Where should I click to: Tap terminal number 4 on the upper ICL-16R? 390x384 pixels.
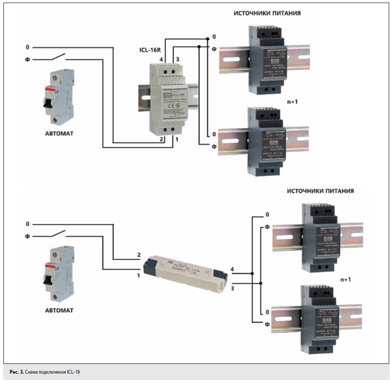coord(161,58)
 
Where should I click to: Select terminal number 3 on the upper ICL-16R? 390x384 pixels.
coord(177,58)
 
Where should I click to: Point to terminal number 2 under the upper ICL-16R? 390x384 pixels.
coord(161,139)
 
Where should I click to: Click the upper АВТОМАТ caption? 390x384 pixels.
coord(59,133)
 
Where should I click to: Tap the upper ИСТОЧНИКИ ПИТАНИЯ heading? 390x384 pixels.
coord(267,13)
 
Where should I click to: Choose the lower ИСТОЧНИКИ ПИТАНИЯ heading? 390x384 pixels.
coord(320,191)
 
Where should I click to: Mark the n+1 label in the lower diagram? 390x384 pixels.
coord(345,279)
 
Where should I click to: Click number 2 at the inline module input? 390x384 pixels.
coord(139,255)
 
